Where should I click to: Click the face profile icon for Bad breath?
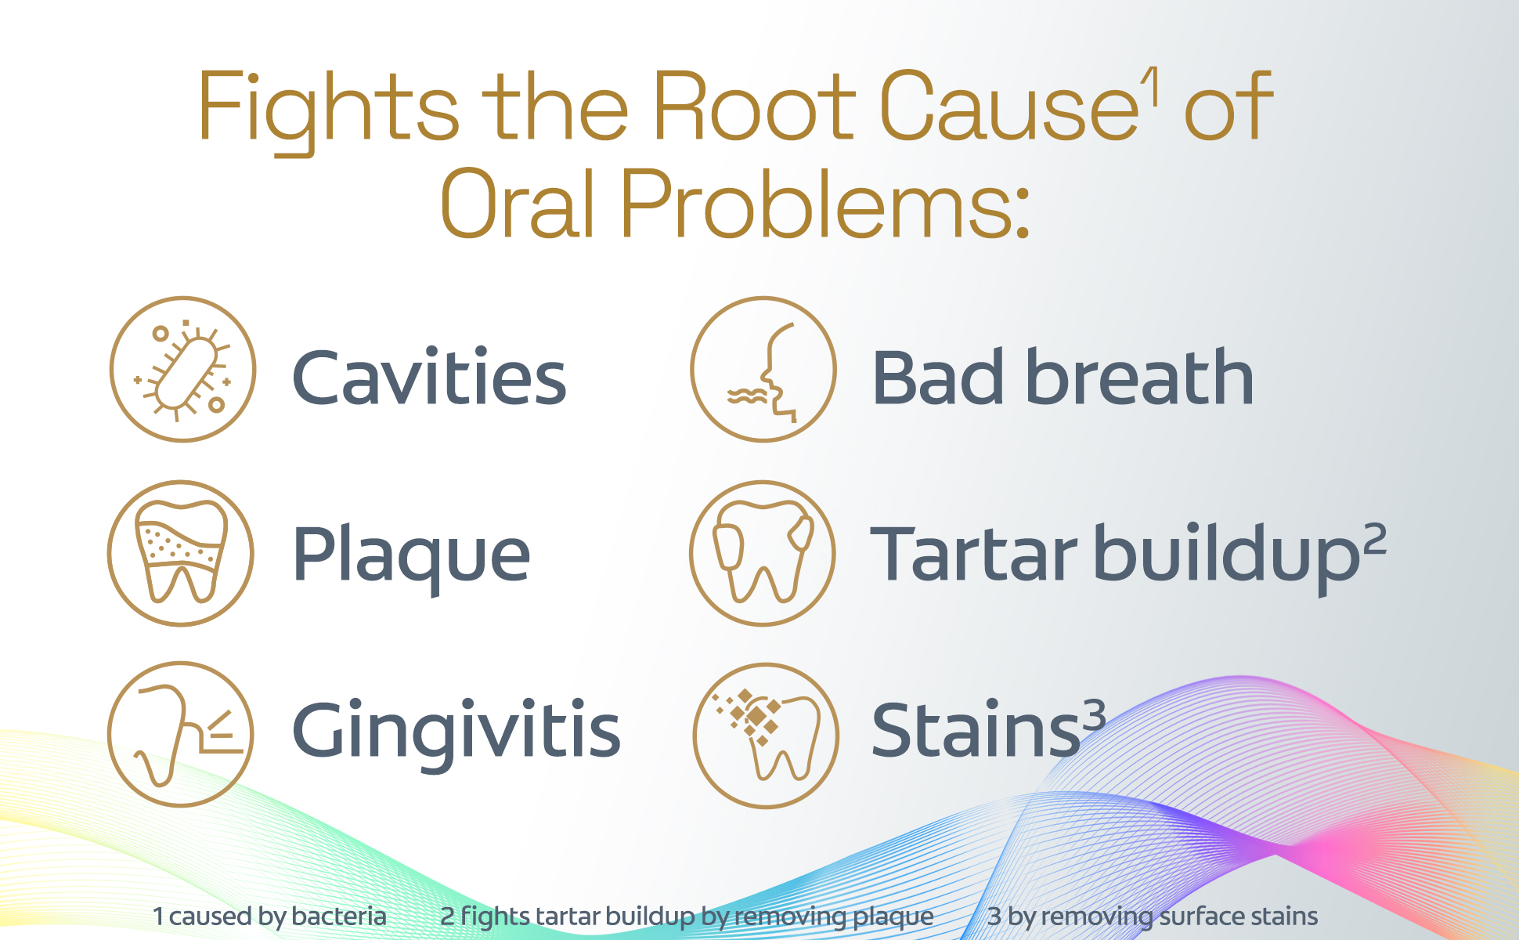point(763,369)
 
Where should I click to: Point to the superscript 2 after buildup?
point(1375,539)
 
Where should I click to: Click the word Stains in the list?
point(976,730)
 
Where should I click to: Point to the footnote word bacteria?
point(339,916)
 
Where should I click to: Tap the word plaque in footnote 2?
point(893,917)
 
